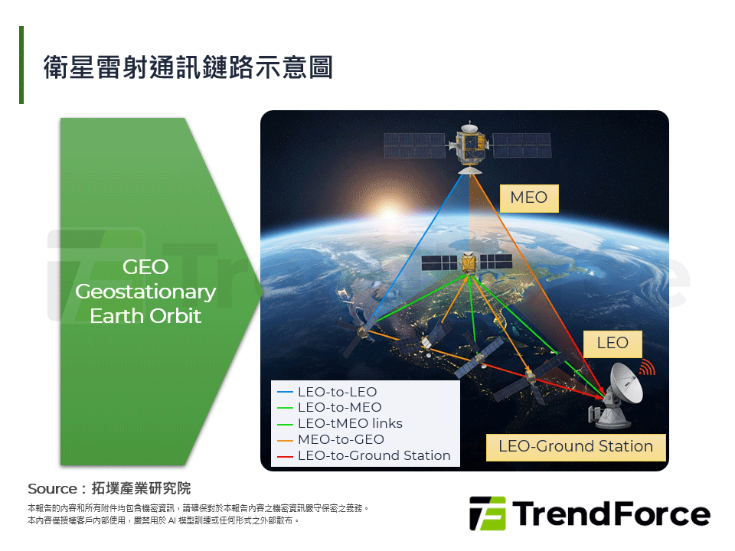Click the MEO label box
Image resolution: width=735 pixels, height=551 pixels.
pos(529,198)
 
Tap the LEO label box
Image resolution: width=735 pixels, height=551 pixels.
pos(612,344)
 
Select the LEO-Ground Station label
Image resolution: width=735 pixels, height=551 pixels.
pos(576,447)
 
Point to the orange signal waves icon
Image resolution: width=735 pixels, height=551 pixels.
pos(648,367)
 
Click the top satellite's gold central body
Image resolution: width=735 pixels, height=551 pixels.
pos(471,146)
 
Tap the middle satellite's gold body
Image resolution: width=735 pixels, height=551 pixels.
pos(469,262)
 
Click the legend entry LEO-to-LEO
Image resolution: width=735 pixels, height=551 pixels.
pos(338,392)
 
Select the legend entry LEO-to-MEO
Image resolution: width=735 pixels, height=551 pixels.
pos(340,408)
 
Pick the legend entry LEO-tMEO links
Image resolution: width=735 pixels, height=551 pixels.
pos(350,423)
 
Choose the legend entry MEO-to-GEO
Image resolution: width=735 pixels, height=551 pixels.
pos(341,439)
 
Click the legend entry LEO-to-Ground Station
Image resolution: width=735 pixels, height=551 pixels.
pos(374,455)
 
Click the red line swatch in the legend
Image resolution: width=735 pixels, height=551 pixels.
pos(285,456)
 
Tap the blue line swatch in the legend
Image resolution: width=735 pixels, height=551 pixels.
pos(285,392)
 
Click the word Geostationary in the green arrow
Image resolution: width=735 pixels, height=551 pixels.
pos(145,292)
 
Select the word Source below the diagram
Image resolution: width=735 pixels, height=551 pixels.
pos(52,489)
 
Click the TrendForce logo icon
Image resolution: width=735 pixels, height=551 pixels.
pos(488,514)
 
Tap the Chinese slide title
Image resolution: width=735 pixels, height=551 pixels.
pos(188,67)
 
